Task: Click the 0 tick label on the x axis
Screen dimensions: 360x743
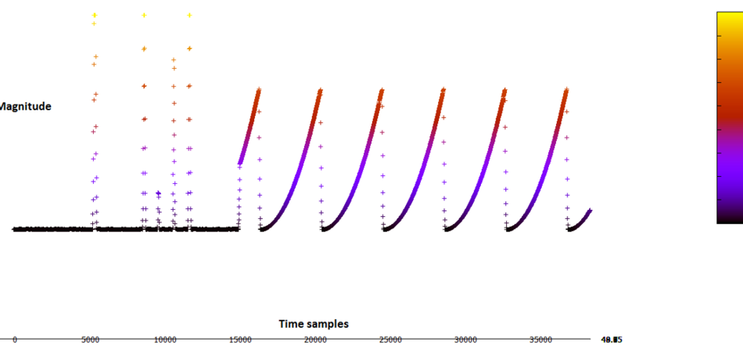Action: pyautogui.click(x=14, y=340)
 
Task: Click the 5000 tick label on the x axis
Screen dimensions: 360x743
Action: pyautogui.click(x=90, y=340)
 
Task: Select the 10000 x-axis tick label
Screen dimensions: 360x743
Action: pyautogui.click(x=165, y=340)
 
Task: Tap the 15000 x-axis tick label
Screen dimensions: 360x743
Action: pyautogui.click(x=240, y=340)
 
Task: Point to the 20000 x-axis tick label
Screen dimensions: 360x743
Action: pyautogui.click(x=315, y=340)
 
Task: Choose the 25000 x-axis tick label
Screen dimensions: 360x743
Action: pyautogui.click(x=390, y=340)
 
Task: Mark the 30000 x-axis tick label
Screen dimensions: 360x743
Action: pyautogui.click(x=465, y=340)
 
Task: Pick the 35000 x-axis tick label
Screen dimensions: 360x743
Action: pyautogui.click(x=540, y=340)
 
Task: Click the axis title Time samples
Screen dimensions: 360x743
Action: pyautogui.click(x=314, y=323)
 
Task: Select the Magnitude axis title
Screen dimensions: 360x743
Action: pyautogui.click(x=25, y=106)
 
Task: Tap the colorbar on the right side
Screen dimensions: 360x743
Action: pyautogui.click(x=730, y=117)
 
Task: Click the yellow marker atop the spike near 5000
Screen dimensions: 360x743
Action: pyautogui.click(x=95, y=15)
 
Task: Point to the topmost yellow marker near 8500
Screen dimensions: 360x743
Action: pyautogui.click(x=144, y=15)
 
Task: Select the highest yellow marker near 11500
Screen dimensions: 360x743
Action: pyautogui.click(x=189, y=15)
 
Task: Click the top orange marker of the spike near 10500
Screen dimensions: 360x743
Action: pyautogui.click(x=174, y=59)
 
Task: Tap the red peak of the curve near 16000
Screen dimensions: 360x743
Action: pyautogui.click(x=258, y=91)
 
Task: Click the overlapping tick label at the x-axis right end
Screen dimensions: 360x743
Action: pyautogui.click(x=612, y=340)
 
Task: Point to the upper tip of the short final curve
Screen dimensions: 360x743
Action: pyautogui.click(x=590, y=210)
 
